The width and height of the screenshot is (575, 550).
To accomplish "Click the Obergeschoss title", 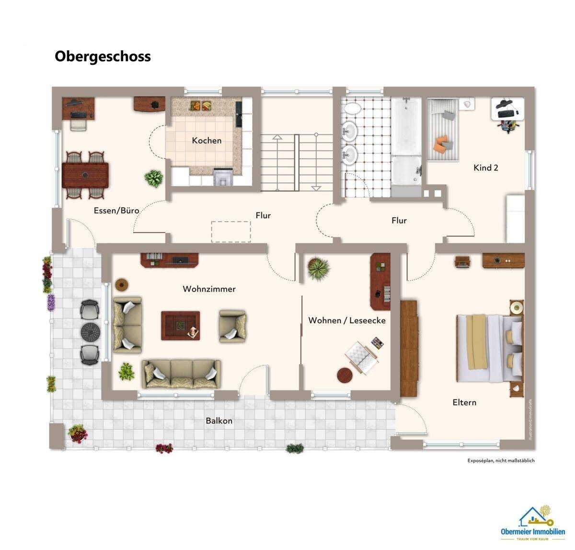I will tap(103, 57).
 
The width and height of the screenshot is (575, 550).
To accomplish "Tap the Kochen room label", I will tap(207, 140).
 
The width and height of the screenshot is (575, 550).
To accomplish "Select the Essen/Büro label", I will tap(116, 211).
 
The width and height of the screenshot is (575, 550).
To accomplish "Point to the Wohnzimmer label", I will tap(209, 289).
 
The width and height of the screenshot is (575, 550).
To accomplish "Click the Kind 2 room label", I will tap(485, 168).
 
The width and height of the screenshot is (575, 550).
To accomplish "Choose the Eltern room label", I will tap(464, 402).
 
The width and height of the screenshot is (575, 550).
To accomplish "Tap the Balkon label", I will tap(219, 421).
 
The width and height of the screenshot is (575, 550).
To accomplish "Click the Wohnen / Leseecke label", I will tap(346, 320).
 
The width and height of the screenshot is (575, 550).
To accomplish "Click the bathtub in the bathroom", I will tap(406, 127).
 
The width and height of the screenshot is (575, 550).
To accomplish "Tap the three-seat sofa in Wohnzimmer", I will tap(182, 374).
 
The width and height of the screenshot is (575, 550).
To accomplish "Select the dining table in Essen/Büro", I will tap(85, 175).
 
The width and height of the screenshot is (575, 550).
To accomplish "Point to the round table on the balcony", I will tap(90, 331).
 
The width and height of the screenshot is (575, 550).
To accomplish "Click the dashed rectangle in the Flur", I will tap(231, 232).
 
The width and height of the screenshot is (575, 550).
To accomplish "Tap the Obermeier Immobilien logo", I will tap(532, 523).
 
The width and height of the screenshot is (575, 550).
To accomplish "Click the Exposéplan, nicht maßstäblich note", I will tap(501, 461).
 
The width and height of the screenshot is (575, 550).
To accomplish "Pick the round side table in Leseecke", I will tap(345, 375).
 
